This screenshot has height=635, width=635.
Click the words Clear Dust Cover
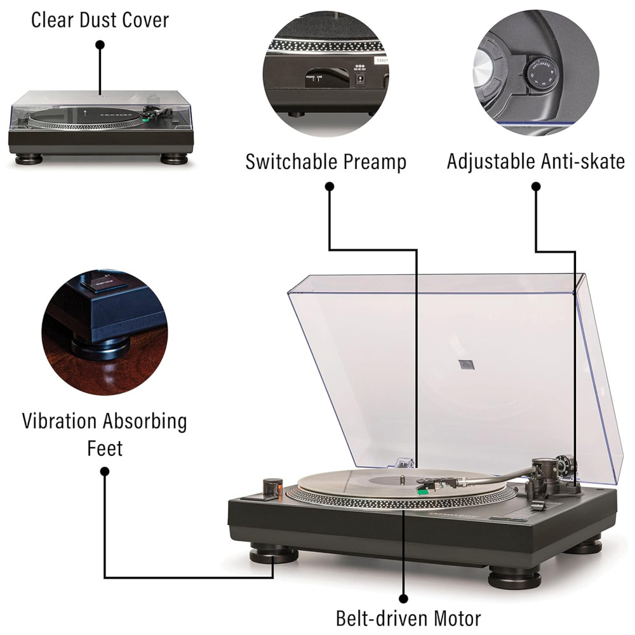tap(100, 20)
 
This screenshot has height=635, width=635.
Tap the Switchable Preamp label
tap(326, 161)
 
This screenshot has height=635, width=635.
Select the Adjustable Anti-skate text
tap(535, 161)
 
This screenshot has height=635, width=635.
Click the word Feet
tap(105, 448)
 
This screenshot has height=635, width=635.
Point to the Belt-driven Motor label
tap(408, 617)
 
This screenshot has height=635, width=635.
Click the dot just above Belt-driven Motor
tap(403, 598)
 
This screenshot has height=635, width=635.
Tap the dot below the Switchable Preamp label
tap(329, 186)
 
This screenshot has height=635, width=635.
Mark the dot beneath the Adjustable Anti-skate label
tap(535, 187)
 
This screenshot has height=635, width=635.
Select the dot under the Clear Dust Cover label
tap(100, 44)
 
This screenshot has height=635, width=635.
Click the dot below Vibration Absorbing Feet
tap(105, 471)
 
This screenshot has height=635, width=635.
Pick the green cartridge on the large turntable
tap(422, 490)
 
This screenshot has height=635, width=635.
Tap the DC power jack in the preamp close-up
tap(360, 79)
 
